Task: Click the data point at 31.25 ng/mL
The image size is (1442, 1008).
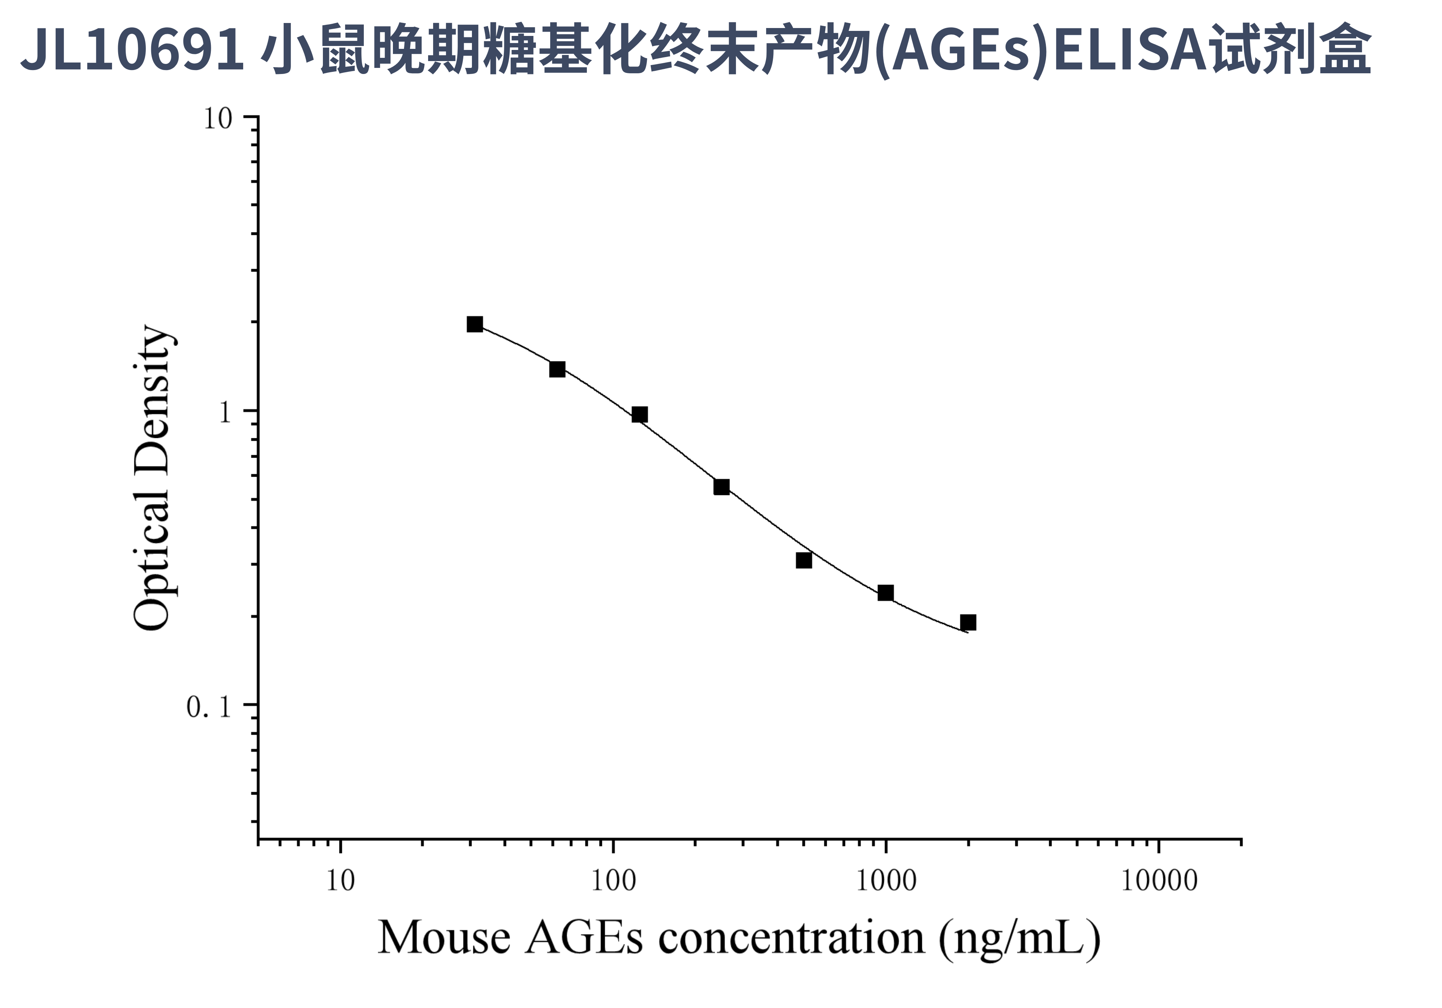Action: [x=475, y=324]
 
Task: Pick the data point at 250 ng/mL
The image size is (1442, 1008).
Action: [x=722, y=487]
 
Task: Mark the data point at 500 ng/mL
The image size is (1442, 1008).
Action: [x=804, y=560]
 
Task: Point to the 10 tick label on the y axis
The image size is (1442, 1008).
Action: [x=217, y=119]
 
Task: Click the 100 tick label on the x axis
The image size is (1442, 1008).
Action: [x=613, y=881]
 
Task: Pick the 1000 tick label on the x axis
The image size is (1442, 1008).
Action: [x=886, y=881]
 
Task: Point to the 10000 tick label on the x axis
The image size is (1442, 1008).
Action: [x=1159, y=881]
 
